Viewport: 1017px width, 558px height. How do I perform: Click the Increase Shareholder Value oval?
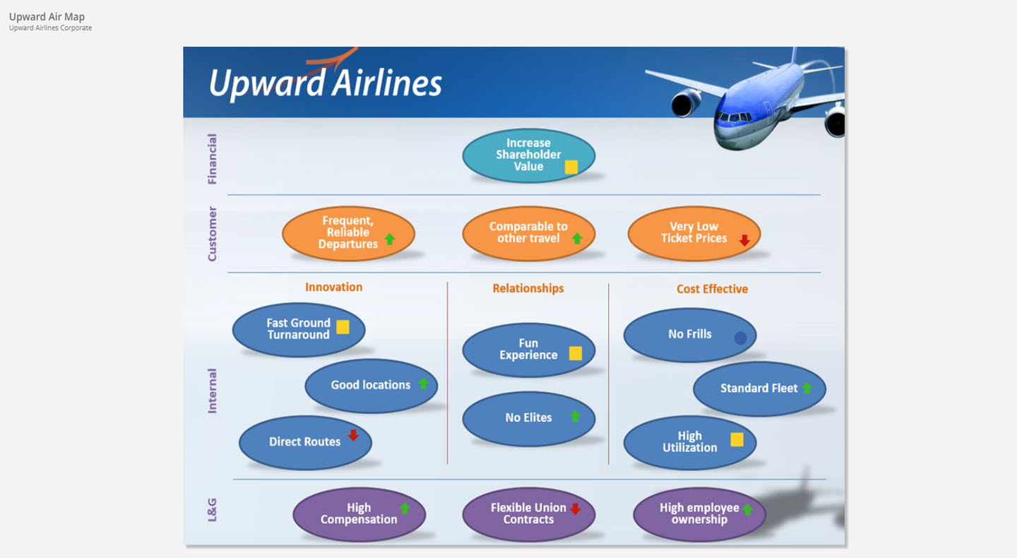click(x=528, y=155)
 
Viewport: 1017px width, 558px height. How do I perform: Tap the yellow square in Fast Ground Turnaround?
click(x=343, y=327)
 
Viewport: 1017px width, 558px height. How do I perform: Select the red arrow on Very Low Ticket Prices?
click(x=744, y=240)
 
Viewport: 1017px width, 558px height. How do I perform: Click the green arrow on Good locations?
click(x=423, y=384)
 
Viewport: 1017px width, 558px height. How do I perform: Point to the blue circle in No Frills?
click(x=740, y=338)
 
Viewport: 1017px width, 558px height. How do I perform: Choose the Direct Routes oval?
click(x=304, y=442)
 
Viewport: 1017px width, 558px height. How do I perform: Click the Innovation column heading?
click(x=333, y=287)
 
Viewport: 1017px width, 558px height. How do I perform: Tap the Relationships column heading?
click(x=528, y=288)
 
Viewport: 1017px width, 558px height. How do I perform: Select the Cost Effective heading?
click(x=712, y=288)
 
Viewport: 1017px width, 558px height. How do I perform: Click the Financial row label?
click(x=212, y=159)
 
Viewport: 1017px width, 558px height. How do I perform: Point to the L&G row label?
click(x=212, y=509)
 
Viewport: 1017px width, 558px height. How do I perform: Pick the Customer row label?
click(x=212, y=234)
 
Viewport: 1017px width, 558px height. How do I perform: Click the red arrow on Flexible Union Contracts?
click(x=575, y=509)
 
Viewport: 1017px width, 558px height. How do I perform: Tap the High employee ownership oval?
click(x=699, y=514)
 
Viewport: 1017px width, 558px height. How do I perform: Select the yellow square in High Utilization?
click(x=737, y=439)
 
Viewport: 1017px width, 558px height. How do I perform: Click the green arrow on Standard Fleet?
click(x=807, y=388)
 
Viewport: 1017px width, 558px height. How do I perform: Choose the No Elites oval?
click(x=528, y=418)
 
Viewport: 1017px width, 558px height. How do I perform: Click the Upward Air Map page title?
click(x=47, y=16)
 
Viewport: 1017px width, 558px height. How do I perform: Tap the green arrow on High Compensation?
click(x=405, y=509)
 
